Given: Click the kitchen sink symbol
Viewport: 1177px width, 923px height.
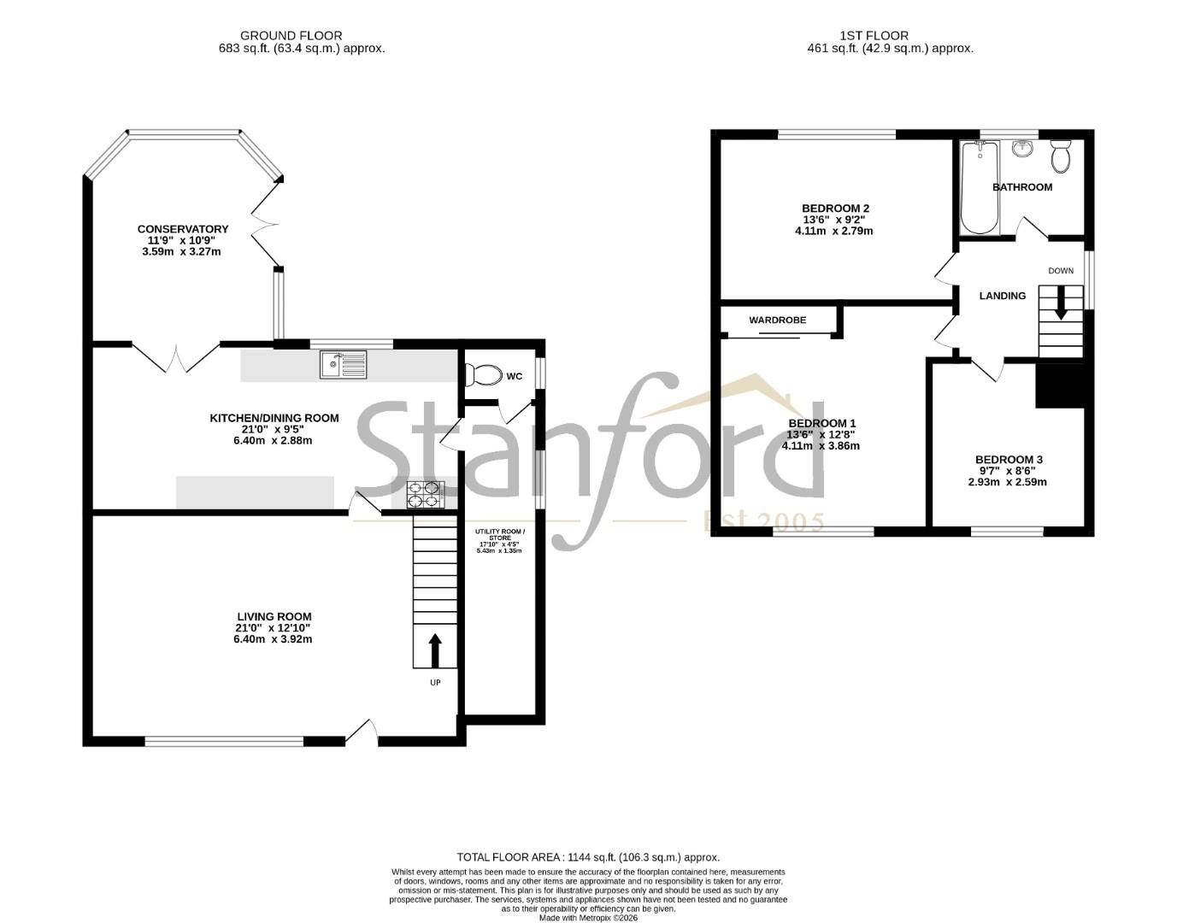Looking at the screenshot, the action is [343, 364].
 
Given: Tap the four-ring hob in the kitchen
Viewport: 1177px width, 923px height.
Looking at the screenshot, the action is [426, 494].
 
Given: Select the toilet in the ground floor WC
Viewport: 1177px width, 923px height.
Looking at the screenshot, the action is [484, 374].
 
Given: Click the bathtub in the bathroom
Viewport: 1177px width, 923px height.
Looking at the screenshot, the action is [980, 188].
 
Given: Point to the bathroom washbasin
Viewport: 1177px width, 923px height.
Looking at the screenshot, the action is [1022, 149].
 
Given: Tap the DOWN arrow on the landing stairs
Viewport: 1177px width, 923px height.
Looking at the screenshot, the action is [1061, 303].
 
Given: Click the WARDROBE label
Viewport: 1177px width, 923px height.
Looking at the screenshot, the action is [777, 320].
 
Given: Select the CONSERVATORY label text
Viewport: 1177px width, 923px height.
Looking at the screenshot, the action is [183, 229].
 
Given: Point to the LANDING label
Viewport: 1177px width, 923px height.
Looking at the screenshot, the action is [1002, 296].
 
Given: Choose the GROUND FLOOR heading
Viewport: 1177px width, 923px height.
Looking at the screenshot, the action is [291, 36].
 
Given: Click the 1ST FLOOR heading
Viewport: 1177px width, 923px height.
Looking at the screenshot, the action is [874, 36].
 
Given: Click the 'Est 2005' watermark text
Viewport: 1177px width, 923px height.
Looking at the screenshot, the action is [763, 522].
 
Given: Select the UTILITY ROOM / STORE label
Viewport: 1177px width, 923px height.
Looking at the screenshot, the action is [499, 534].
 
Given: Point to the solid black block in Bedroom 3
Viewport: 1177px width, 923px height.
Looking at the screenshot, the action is [1060, 385].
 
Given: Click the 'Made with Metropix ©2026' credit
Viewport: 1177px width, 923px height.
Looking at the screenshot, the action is [588, 918].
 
